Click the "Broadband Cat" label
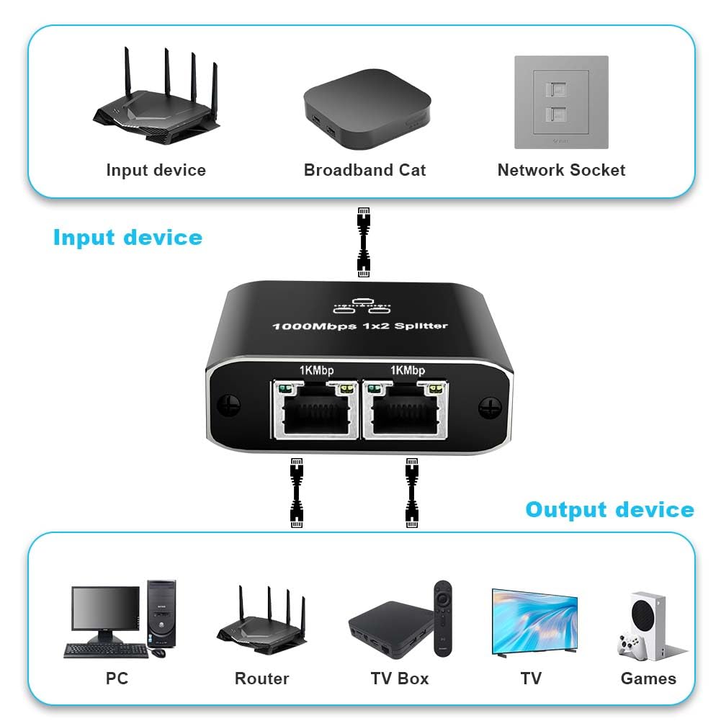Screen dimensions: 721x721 pos(364,171)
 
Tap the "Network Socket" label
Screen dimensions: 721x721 pos(561,171)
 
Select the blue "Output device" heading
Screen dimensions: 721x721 pos(609,510)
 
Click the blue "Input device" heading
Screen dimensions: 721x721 pos(127,238)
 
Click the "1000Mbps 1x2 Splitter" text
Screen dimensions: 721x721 pos(359,326)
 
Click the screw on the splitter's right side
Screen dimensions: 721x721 pos(490,408)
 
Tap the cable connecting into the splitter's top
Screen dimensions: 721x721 pos(364,241)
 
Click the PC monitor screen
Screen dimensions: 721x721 pos(105,610)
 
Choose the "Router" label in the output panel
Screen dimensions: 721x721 pos(261,679)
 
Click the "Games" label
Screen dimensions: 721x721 pos(648,679)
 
